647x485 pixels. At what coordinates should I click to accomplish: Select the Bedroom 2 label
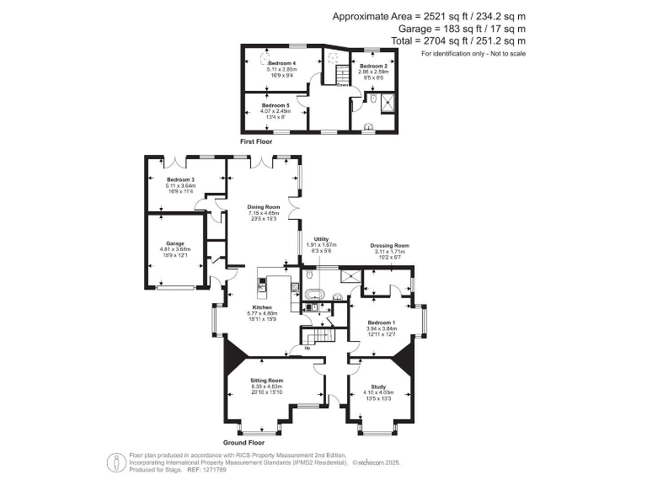[373, 65]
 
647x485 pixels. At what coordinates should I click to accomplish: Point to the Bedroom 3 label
[180, 179]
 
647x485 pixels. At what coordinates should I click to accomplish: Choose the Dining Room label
[264, 207]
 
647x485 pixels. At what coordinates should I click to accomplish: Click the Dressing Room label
[388, 245]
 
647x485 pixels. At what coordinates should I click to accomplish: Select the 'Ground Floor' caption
[243, 442]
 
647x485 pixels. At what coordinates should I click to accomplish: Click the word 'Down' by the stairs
[343, 85]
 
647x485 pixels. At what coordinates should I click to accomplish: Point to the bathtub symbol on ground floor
[314, 296]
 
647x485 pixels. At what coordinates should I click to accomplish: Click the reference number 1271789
[216, 469]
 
